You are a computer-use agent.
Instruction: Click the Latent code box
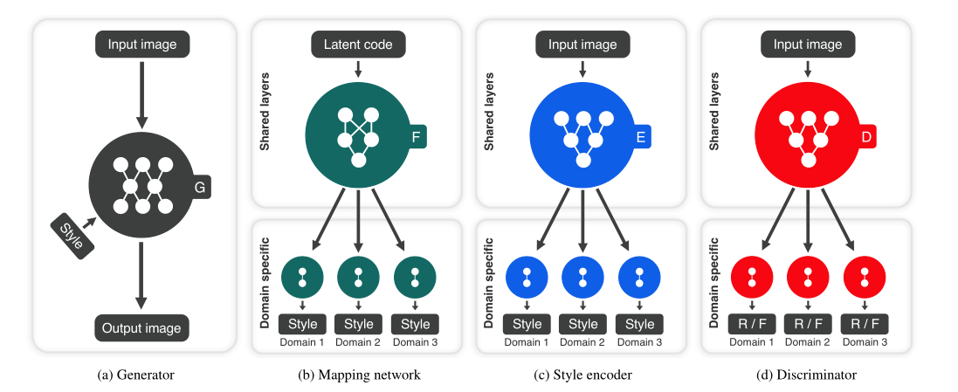click(x=358, y=43)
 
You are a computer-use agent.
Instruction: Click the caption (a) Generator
click(x=135, y=375)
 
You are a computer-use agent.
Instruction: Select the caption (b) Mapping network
click(x=359, y=375)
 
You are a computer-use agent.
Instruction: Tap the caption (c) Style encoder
click(x=583, y=375)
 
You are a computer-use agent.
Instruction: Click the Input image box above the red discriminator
click(x=808, y=43)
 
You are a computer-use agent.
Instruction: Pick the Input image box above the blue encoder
click(x=583, y=43)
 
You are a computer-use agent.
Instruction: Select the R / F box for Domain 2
click(x=808, y=324)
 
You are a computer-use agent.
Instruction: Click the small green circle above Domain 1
click(x=302, y=277)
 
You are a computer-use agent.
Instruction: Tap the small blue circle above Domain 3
click(x=639, y=277)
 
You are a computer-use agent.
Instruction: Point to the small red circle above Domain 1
click(x=752, y=277)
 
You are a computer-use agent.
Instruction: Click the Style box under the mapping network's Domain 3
click(x=415, y=324)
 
